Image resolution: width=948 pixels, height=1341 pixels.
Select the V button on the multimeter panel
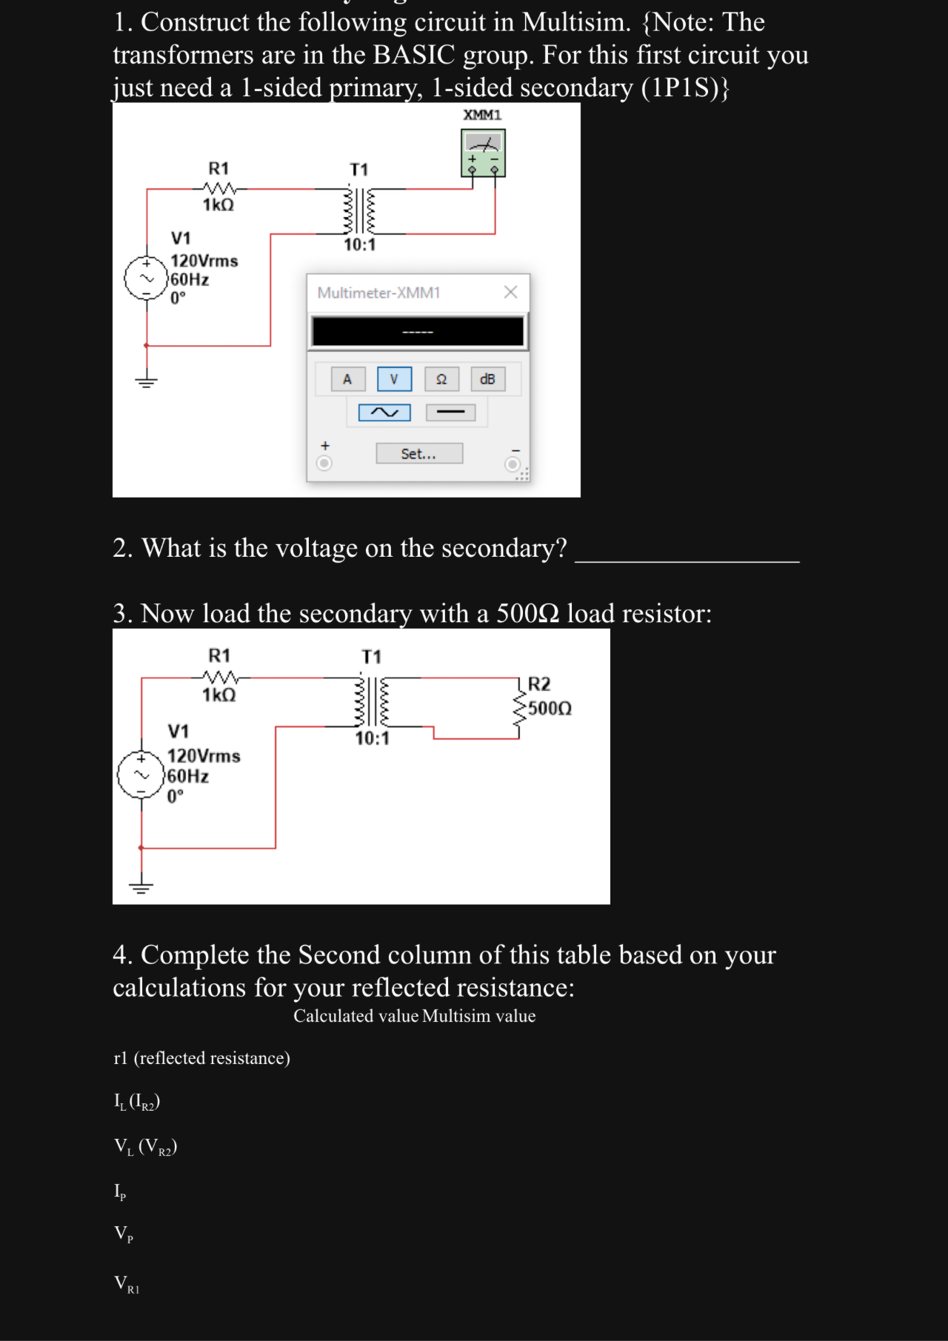(x=394, y=379)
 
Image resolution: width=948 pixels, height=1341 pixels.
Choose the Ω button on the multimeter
(x=441, y=379)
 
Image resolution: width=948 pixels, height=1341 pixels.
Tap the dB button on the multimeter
(x=487, y=379)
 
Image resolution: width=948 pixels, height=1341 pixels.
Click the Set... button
(x=419, y=453)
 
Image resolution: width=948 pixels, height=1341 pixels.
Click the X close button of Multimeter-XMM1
(x=510, y=292)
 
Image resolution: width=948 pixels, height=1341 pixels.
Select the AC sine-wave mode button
(x=384, y=412)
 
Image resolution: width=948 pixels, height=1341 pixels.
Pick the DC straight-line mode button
(x=450, y=412)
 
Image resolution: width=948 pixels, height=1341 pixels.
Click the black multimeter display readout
(x=418, y=332)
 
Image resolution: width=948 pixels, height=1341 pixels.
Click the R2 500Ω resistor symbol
(x=520, y=708)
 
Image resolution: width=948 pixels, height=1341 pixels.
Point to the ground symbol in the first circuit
(x=146, y=382)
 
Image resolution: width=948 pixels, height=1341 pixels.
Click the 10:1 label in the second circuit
(x=372, y=738)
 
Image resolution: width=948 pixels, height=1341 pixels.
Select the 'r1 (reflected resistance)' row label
(x=201, y=1058)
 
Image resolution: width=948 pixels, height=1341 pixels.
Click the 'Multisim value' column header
(x=479, y=1016)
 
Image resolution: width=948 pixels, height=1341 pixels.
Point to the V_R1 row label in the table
(x=127, y=1284)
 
